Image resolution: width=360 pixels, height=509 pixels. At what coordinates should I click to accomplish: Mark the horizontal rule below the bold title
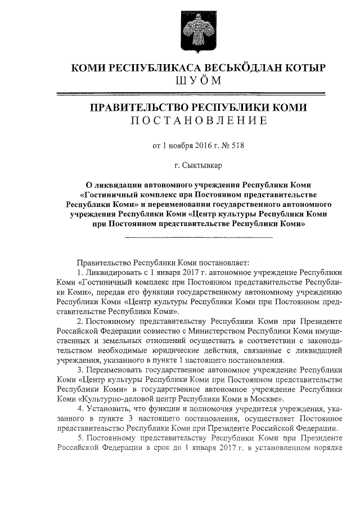(198, 238)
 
